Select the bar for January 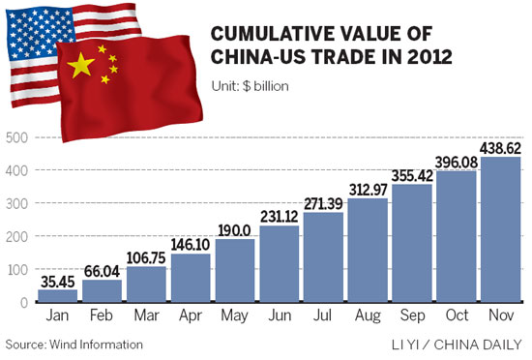(x=56, y=295)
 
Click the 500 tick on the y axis (x=16, y=136)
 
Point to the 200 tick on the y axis (x=16, y=236)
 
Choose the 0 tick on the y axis (x=21, y=303)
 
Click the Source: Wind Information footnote (x=74, y=344)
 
